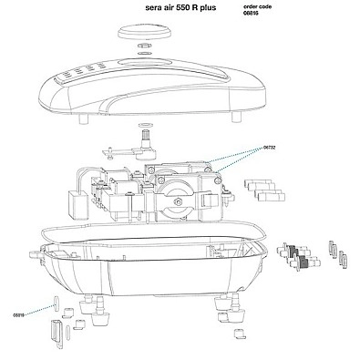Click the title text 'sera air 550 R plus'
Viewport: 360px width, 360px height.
click(x=181, y=7)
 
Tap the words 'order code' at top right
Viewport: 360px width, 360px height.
click(x=257, y=6)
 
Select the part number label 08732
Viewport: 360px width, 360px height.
click(x=270, y=148)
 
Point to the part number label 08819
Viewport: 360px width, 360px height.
click(x=18, y=315)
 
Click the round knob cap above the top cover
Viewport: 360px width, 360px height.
click(x=145, y=33)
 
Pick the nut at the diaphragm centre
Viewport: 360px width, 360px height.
click(x=178, y=201)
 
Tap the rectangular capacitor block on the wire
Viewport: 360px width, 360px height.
click(x=77, y=203)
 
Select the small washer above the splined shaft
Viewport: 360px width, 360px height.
click(x=144, y=125)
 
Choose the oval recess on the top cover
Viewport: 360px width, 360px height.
click(x=143, y=63)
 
